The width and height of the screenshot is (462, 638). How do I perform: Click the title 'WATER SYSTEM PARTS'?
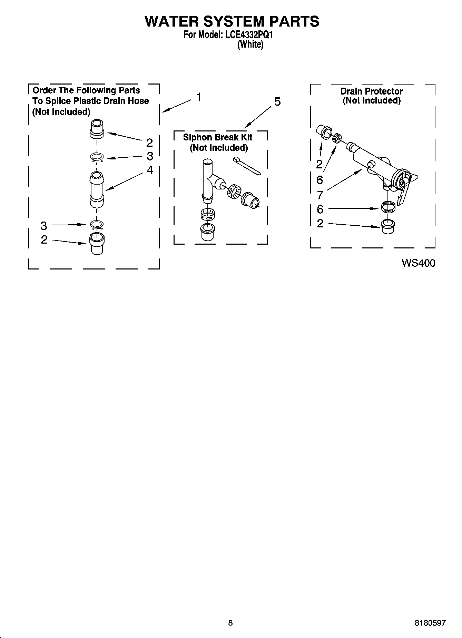(x=232, y=21)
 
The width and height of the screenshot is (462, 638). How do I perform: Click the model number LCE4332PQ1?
(x=249, y=35)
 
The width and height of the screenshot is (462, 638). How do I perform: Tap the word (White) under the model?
(x=250, y=45)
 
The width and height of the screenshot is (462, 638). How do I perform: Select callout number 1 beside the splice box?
(x=199, y=97)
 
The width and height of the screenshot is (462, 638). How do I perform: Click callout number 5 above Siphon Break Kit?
(x=277, y=102)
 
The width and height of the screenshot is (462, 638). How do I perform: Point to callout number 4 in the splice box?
(x=150, y=170)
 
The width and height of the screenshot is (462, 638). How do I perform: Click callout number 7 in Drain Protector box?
(x=320, y=195)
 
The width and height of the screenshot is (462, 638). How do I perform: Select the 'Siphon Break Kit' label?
(x=217, y=137)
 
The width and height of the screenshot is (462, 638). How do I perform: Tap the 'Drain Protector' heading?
(x=371, y=91)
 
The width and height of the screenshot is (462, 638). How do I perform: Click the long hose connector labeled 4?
(x=97, y=189)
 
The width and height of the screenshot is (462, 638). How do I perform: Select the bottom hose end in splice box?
(x=97, y=244)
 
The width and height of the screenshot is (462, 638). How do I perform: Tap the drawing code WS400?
(x=418, y=263)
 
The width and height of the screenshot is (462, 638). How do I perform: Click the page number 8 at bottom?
(x=230, y=623)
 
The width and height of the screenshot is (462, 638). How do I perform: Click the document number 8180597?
(x=430, y=623)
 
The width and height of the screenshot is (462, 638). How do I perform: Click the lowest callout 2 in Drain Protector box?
(x=320, y=223)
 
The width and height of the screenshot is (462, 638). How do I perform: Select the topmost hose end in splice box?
(x=97, y=129)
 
